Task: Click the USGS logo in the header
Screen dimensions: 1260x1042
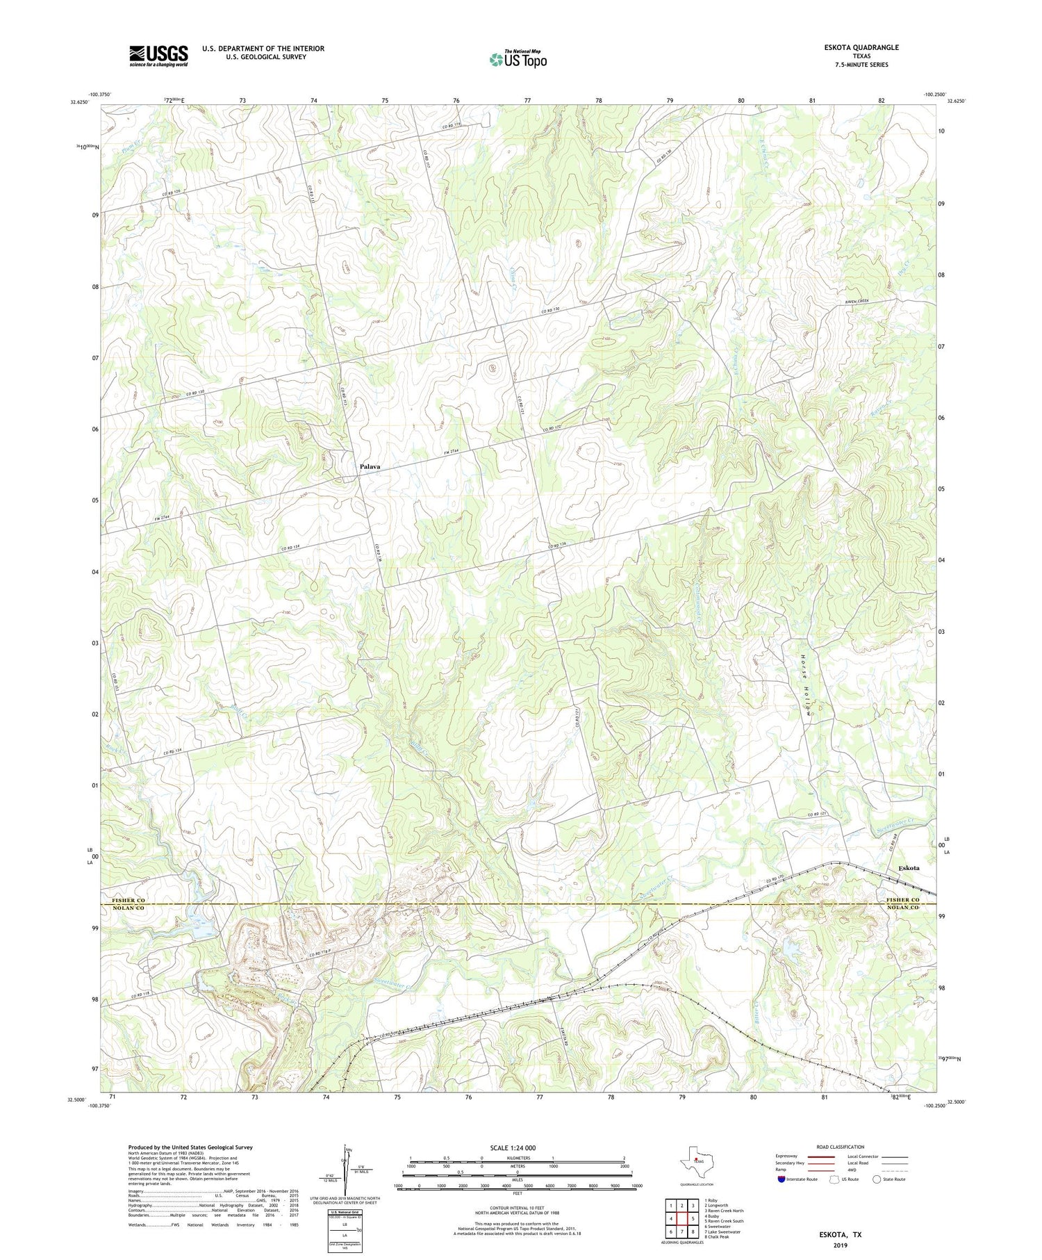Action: [x=158, y=56]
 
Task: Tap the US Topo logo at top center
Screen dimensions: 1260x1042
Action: [x=518, y=60]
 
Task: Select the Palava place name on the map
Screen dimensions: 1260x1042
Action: [x=370, y=466]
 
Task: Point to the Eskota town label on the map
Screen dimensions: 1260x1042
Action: [x=909, y=868]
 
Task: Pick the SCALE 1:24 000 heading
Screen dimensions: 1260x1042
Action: [x=513, y=1147]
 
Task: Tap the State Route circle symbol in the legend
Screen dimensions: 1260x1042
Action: [x=877, y=1179]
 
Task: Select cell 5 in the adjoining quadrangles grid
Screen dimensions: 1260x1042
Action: [x=693, y=1219]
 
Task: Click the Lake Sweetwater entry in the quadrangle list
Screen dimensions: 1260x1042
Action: [x=722, y=1232]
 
